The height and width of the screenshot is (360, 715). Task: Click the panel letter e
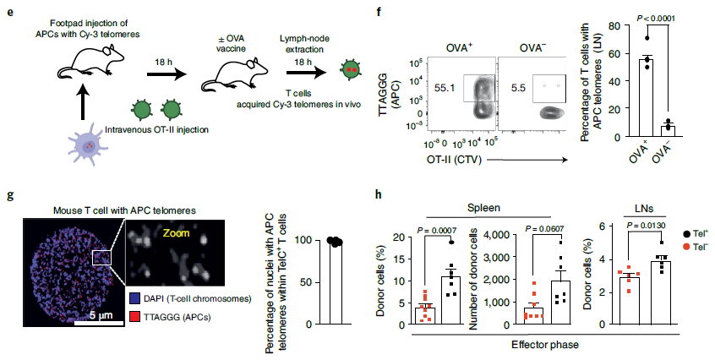click(x=10, y=11)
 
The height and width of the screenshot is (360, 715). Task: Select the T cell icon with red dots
click(x=351, y=68)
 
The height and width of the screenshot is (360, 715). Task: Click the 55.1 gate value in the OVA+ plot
click(x=445, y=88)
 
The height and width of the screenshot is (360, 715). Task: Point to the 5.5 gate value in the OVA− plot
click(x=518, y=88)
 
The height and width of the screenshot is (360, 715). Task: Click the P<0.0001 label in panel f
click(x=656, y=19)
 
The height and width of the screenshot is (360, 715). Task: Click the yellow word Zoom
click(x=177, y=233)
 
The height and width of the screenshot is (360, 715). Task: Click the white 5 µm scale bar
click(x=99, y=323)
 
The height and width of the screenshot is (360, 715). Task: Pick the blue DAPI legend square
click(x=135, y=299)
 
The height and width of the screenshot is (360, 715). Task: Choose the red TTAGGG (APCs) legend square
click(x=135, y=317)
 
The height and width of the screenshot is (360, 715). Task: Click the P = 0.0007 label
click(x=436, y=231)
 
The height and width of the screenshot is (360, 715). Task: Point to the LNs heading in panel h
click(x=644, y=209)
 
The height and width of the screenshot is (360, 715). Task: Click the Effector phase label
click(x=545, y=345)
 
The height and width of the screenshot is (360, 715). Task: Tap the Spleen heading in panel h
click(x=483, y=208)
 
